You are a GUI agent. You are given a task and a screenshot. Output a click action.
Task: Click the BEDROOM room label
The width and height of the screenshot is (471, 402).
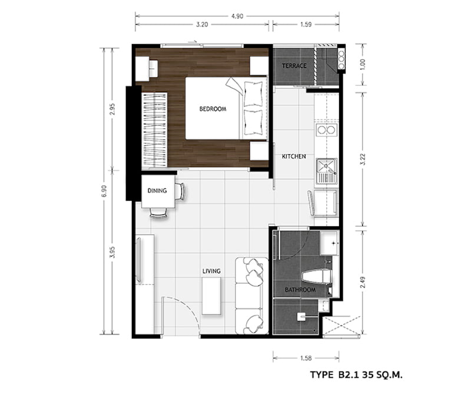pyautogui.click(x=213, y=109)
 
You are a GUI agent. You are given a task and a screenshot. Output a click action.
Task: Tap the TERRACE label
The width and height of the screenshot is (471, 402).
pyautogui.click(x=294, y=65)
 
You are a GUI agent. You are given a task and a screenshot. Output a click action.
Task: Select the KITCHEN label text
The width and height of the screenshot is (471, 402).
pyautogui.click(x=294, y=157)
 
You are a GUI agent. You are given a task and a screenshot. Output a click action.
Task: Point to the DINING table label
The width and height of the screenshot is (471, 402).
pyautogui.click(x=157, y=191)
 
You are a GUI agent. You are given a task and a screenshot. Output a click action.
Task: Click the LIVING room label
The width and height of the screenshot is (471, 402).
pyautogui.click(x=211, y=271)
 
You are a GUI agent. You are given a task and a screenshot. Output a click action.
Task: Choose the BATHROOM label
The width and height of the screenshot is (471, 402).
pyautogui.click(x=300, y=290)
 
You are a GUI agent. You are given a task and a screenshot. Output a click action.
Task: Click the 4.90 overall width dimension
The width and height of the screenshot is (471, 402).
pyautogui.click(x=237, y=16)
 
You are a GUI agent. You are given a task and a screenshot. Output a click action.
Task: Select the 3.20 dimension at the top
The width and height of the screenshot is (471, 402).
pyautogui.click(x=202, y=25)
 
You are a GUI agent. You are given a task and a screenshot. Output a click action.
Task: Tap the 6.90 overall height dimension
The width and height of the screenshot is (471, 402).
pyautogui.click(x=104, y=191)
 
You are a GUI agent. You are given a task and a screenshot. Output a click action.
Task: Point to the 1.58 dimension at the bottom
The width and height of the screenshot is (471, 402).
pyautogui.click(x=306, y=358)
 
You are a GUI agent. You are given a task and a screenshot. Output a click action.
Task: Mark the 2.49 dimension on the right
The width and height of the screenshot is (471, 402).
pyautogui.click(x=363, y=282)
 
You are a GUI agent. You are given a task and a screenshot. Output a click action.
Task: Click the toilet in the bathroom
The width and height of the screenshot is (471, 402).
pyautogui.click(x=317, y=276)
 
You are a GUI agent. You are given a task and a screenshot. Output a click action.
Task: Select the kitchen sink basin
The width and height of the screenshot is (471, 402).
pyautogui.click(x=327, y=171)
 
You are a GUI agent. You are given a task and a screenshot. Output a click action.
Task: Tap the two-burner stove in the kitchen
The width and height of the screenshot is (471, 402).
pyautogui.click(x=327, y=130)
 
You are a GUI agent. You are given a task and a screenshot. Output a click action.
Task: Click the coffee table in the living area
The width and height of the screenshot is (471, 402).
pyautogui.click(x=211, y=295)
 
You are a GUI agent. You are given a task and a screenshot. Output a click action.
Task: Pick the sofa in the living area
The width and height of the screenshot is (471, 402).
pyautogui.click(x=252, y=295)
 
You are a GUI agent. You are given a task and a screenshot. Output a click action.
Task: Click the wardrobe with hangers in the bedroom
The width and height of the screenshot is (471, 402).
pyautogui.click(x=154, y=129)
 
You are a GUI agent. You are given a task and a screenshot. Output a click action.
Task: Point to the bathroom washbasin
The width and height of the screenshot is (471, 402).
pyautogui.click(x=330, y=243)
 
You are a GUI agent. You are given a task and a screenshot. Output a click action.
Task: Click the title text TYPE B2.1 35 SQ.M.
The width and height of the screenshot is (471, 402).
pyautogui.click(x=356, y=375)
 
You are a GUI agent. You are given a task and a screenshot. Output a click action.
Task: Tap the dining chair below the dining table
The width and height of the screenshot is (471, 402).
pyautogui.click(x=158, y=212)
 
